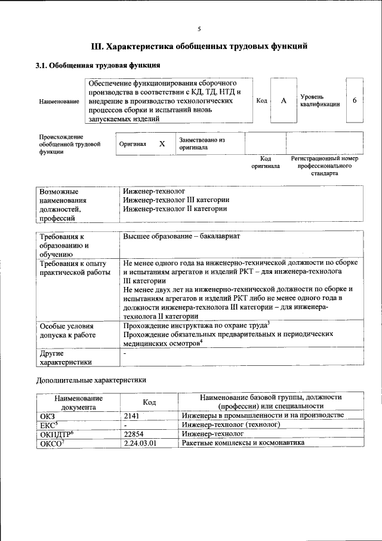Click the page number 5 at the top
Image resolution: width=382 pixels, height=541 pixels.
point(199,28)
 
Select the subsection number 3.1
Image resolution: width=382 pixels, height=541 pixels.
point(42,65)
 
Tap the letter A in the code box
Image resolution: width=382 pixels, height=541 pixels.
point(284,101)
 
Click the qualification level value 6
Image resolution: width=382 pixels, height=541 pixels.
point(354,100)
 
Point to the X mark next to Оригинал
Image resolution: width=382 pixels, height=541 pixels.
point(162,144)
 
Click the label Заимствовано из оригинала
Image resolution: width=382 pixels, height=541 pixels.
point(202,143)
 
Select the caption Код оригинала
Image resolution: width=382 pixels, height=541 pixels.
point(266,163)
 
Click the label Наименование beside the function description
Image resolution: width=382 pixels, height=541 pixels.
point(59,102)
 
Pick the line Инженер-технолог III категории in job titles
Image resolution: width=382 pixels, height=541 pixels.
point(177,200)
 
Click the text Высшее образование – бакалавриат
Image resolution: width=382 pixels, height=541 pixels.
point(181,237)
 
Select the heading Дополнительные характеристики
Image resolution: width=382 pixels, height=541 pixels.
point(91,380)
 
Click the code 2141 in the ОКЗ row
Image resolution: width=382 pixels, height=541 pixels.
point(131,415)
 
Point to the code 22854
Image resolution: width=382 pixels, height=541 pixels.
point(134,434)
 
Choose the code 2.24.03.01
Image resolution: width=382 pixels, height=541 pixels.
point(140,443)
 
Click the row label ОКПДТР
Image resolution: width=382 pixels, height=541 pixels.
point(55,434)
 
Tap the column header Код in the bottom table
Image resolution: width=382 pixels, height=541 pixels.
point(149,402)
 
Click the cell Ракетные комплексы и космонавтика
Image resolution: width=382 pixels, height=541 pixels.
point(243,443)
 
